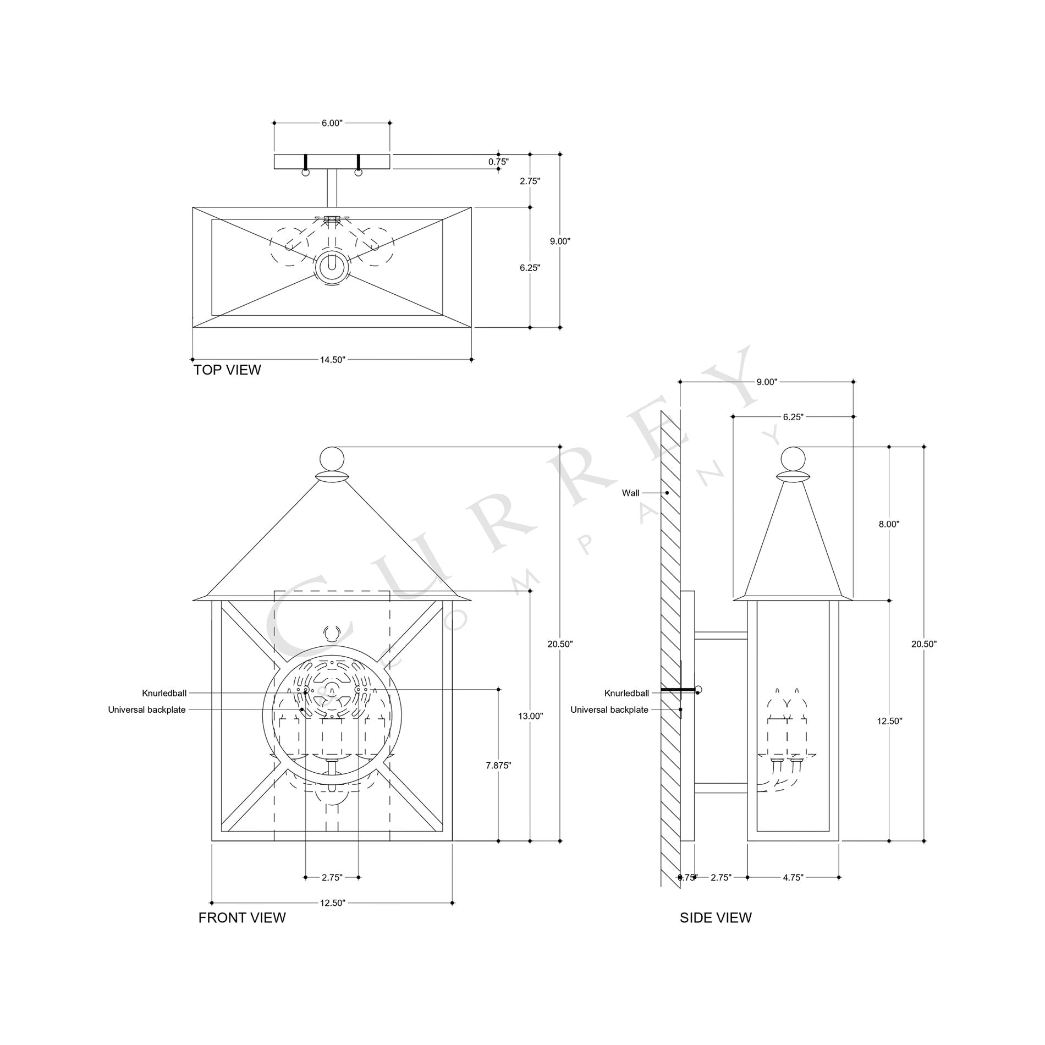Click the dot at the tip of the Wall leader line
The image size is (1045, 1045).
(x=667, y=493)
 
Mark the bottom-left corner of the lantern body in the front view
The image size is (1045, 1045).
(x=212, y=841)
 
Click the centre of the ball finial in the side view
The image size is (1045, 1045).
(x=793, y=459)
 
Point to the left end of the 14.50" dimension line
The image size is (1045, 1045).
(x=193, y=360)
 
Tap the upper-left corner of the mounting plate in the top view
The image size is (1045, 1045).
(x=274, y=155)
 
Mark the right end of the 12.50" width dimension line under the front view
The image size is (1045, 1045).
(x=452, y=903)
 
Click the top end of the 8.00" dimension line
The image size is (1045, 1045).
(x=890, y=447)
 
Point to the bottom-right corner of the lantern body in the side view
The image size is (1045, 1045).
(x=839, y=841)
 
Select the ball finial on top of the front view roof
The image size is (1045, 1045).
(x=332, y=459)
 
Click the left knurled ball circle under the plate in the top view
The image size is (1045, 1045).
(x=306, y=172)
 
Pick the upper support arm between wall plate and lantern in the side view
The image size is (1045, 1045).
(x=721, y=635)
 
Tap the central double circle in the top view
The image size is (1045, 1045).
(x=332, y=268)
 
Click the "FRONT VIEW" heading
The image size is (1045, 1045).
(x=242, y=917)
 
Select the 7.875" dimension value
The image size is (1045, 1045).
(x=498, y=765)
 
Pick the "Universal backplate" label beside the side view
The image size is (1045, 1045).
(x=609, y=710)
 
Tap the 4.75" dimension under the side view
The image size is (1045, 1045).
(x=793, y=877)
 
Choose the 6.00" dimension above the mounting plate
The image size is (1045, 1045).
(x=332, y=123)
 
